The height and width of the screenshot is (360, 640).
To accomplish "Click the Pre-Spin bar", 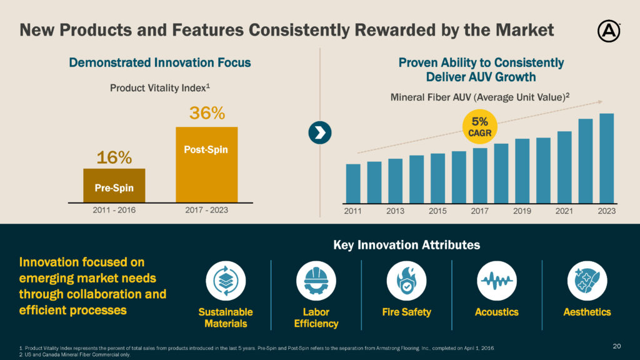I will (x=114, y=186).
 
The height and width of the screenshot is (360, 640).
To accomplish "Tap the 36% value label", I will (x=206, y=114).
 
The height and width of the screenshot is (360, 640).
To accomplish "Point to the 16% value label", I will (x=114, y=156).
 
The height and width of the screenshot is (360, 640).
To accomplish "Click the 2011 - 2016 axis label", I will (x=114, y=211).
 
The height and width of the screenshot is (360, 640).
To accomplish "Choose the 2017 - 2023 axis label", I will (x=206, y=211).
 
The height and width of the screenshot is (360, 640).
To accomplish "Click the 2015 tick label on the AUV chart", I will (x=437, y=211).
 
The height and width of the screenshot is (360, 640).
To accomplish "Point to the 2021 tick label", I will (x=564, y=211).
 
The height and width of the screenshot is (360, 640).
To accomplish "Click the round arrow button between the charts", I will (x=320, y=132).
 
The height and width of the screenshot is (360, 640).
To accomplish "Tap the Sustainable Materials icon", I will (x=226, y=279).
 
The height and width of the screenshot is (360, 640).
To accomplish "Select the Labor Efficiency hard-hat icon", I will (x=316, y=279).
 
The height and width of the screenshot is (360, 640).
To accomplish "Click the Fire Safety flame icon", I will (x=406, y=279).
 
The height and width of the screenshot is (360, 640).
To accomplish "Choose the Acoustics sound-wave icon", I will (x=497, y=279).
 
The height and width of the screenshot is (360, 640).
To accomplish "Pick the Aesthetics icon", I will (x=587, y=279).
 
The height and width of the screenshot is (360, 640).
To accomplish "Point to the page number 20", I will (x=617, y=346).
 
